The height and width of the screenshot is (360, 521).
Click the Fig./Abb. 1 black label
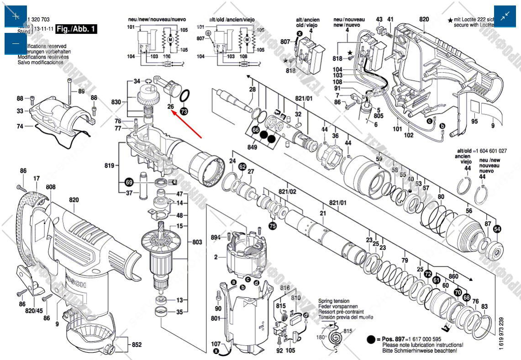(77, 29)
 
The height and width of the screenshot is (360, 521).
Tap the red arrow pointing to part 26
(187, 124)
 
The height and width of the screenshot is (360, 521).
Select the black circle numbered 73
(184, 111)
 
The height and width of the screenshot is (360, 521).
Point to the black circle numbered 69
(129, 183)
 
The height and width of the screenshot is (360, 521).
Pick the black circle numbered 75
(273, 226)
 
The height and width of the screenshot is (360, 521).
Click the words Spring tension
(334, 302)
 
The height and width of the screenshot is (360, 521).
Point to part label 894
(216, 237)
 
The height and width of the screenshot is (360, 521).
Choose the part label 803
(197, 242)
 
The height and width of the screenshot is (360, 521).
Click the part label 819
(109, 166)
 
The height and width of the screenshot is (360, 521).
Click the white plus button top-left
(16, 16)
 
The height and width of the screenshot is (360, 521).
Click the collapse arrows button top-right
(505, 16)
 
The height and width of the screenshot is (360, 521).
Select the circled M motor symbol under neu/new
(170, 40)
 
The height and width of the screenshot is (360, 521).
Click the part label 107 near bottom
(216, 343)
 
